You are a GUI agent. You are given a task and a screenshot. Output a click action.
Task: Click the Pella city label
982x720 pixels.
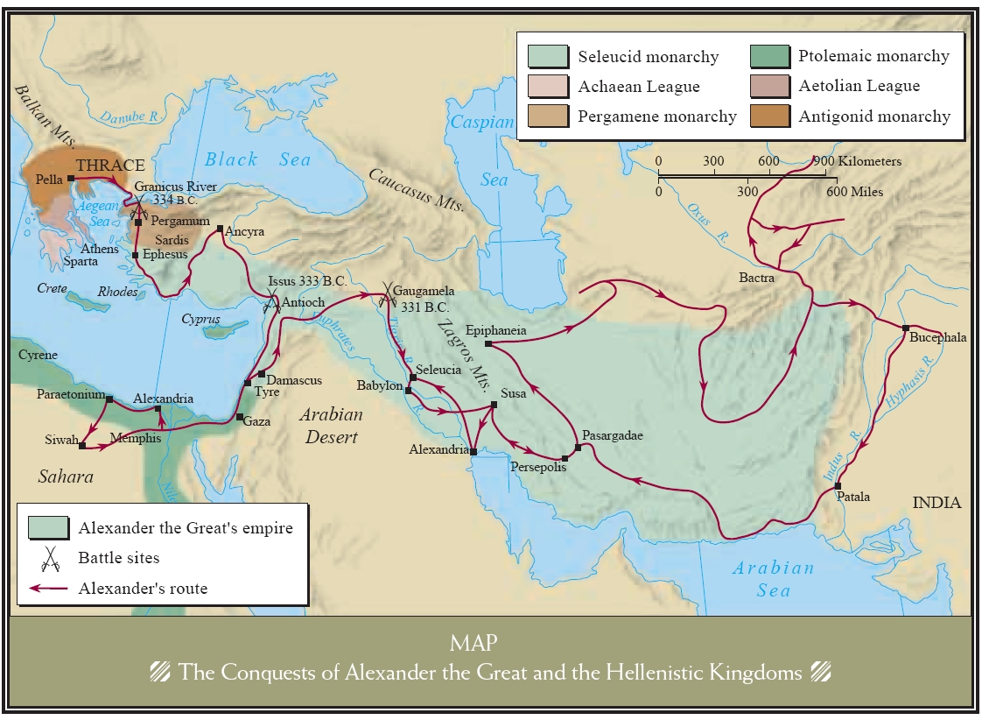[x=51, y=178]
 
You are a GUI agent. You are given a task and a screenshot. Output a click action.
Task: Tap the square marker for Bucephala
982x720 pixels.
[x=906, y=328]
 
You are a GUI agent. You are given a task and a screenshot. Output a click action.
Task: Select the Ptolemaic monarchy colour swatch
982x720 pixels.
[x=769, y=56]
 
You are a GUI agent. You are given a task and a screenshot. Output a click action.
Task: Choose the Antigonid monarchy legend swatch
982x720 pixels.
[x=769, y=116]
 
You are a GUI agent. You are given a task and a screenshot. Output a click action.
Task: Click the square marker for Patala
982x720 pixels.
[x=838, y=485]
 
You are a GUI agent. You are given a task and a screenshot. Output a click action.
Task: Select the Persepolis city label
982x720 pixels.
[x=538, y=467]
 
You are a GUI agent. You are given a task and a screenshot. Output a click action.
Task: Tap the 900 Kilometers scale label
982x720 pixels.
[x=857, y=161]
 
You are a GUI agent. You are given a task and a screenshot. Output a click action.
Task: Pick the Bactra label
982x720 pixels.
[x=756, y=278]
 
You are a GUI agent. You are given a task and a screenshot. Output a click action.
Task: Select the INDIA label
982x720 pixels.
[x=936, y=503]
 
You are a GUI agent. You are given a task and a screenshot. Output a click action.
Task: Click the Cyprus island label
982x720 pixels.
[x=200, y=320]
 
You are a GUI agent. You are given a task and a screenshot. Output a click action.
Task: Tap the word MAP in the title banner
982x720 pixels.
[x=473, y=644]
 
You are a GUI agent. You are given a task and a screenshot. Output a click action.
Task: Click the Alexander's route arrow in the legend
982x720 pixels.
[x=49, y=589]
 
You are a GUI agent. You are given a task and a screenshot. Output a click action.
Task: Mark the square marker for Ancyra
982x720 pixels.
[x=220, y=229]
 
